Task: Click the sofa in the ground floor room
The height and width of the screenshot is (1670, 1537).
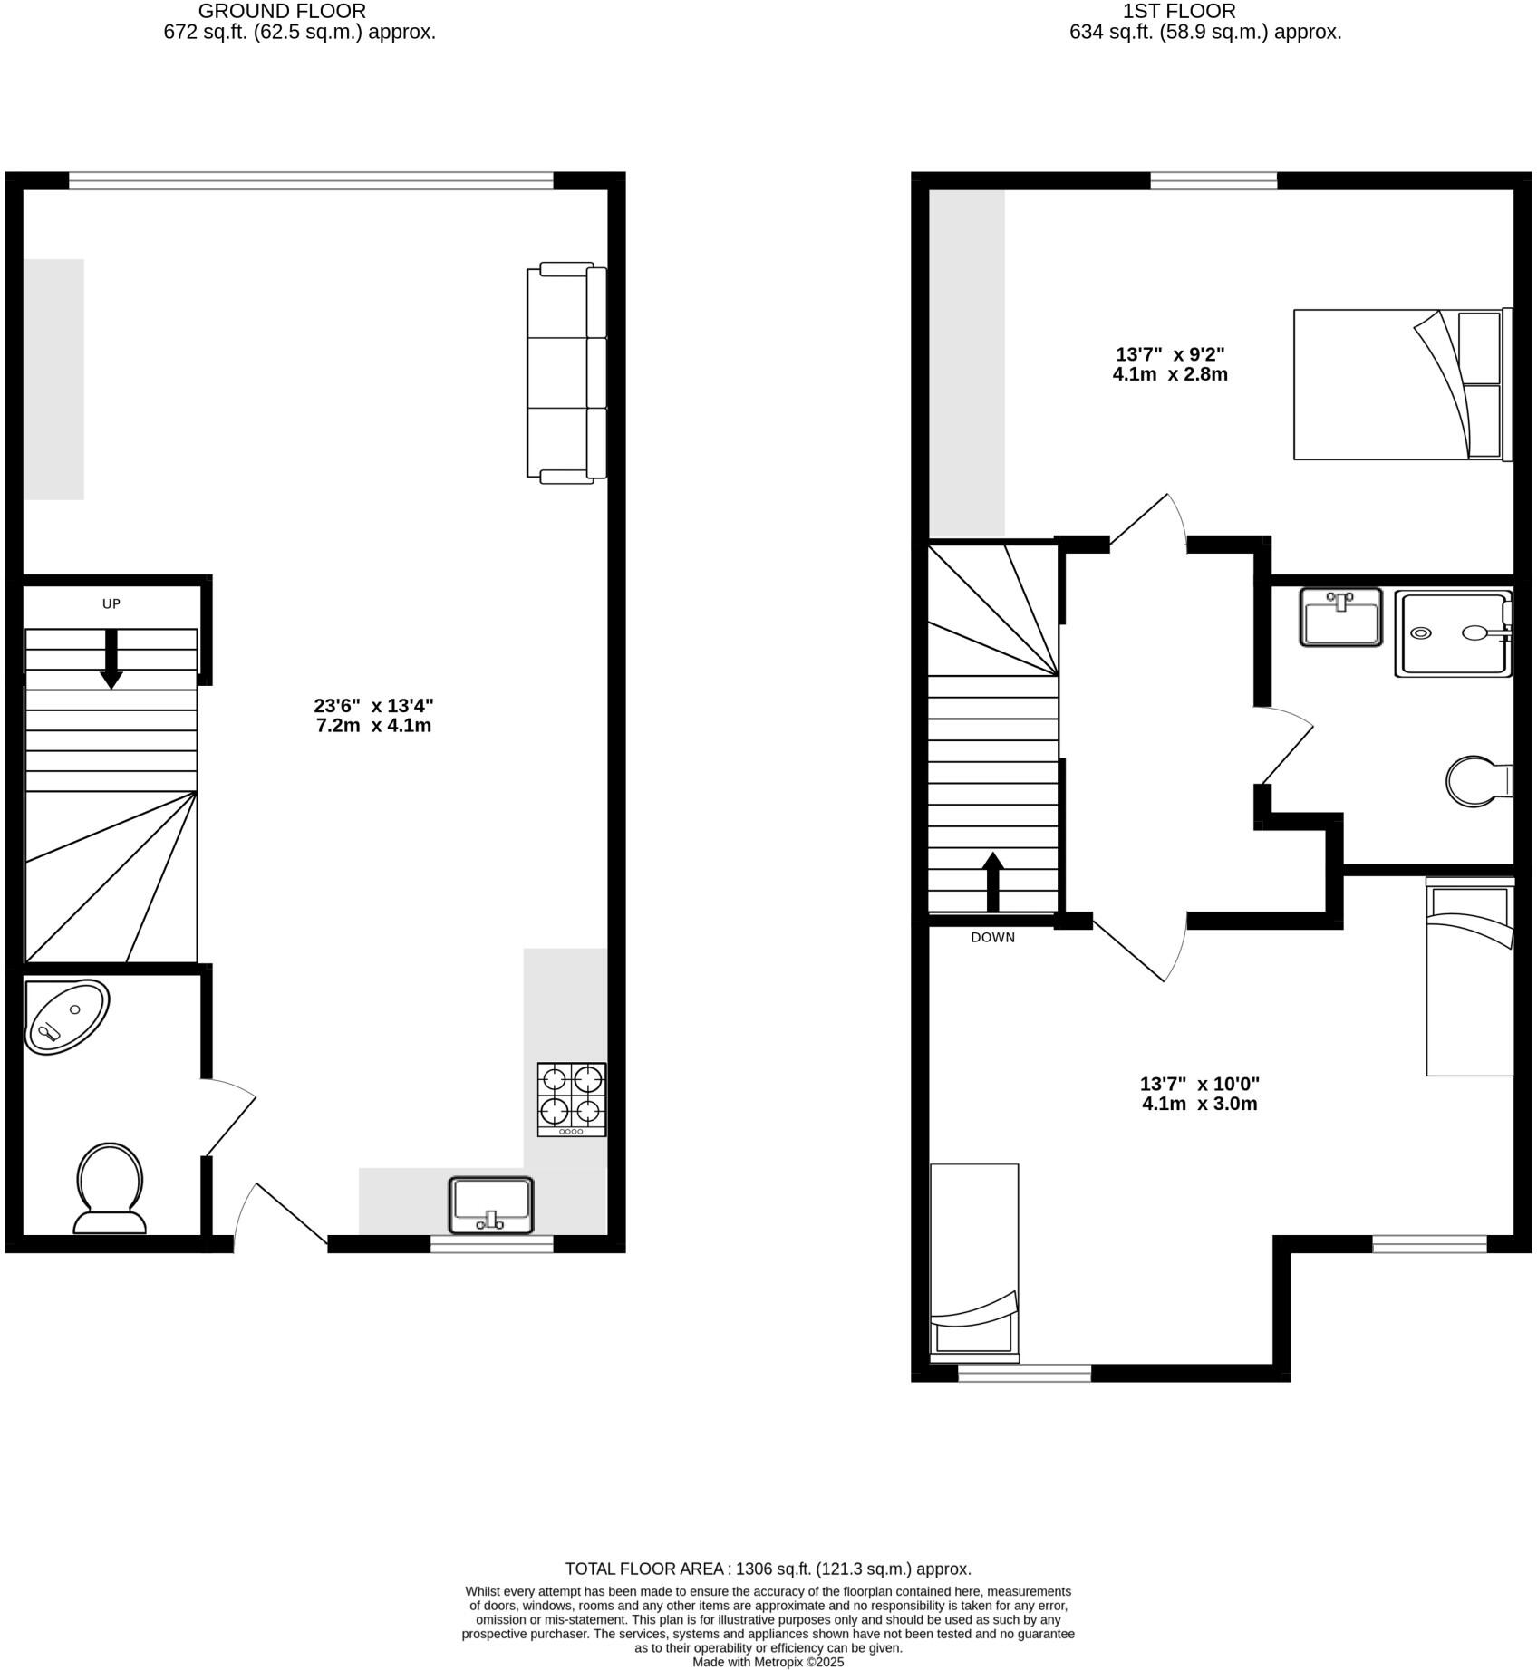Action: [x=566, y=371]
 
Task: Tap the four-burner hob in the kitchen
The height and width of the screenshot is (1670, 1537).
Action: [x=572, y=1099]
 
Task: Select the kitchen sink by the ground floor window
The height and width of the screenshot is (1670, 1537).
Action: [x=491, y=1205]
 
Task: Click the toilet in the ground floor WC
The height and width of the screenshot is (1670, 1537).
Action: [x=110, y=1187]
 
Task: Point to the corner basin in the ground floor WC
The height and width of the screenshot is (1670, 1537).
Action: [x=64, y=1017]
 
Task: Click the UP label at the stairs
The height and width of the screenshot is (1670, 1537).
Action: [x=111, y=604]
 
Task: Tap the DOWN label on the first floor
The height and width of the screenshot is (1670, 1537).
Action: [x=992, y=938]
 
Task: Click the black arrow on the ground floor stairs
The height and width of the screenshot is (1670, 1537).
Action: [x=111, y=660]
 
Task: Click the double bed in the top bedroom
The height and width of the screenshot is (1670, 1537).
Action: [x=1401, y=385]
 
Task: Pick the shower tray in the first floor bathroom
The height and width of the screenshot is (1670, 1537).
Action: [x=1454, y=633]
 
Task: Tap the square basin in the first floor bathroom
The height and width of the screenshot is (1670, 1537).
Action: [x=1340, y=617]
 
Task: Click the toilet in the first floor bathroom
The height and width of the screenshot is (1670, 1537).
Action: [x=1477, y=781]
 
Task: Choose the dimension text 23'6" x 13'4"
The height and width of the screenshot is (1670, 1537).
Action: [x=373, y=705]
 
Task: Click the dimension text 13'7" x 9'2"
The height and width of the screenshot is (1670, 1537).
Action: [x=1170, y=354]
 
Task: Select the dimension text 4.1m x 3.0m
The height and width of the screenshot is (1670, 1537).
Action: [x=1200, y=1104]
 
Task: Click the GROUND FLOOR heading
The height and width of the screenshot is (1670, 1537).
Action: [x=282, y=12]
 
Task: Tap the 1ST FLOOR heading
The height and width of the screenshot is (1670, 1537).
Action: [x=1178, y=12]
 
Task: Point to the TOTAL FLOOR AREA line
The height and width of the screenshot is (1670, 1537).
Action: [x=768, y=1569]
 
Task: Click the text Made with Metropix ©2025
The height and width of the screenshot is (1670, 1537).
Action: [x=768, y=1662]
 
